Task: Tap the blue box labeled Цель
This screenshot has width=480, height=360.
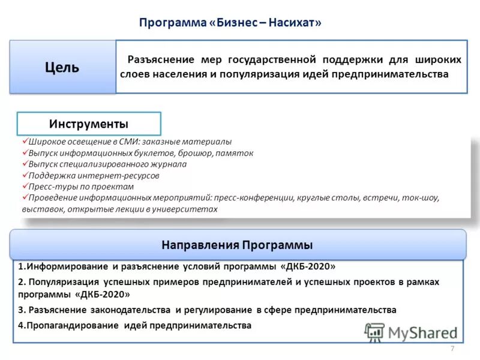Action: [x=62, y=67]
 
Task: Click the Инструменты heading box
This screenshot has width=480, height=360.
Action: [x=88, y=124]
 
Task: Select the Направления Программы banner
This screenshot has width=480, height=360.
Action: [x=237, y=245]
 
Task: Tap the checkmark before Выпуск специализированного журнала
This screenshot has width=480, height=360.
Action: [x=25, y=164]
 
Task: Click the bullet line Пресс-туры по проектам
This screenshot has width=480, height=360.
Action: [x=84, y=187]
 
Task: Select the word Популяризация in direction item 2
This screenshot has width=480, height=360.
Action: [x=65, y=281]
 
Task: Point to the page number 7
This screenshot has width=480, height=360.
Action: [x=452, y=349]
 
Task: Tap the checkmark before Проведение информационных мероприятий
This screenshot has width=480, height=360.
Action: [x=25, y=197]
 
